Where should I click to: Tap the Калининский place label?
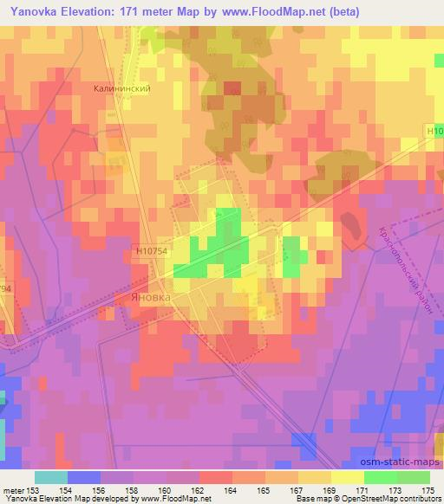117,87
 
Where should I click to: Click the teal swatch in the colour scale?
50,477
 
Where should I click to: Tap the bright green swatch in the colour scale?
380,477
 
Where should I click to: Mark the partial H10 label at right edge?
434,131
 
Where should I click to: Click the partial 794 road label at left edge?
6,287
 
